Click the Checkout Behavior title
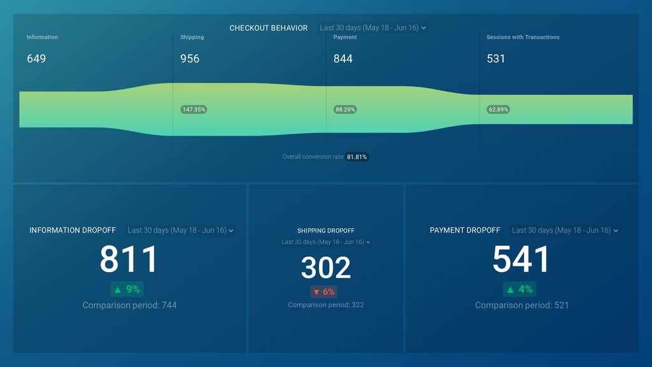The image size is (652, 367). [268, 28]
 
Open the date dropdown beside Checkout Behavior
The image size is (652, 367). [372, 28]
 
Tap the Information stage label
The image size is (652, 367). [43, 37]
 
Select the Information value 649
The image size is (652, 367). [36, 59]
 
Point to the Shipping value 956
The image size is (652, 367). [190, 59]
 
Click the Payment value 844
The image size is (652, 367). [343, 59]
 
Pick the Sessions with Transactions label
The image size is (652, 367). [523, 37]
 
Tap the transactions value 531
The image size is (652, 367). [495, 59]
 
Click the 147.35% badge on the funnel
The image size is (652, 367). [194, 110]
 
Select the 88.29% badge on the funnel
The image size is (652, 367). [345, 110]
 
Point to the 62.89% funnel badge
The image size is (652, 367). [498, 110]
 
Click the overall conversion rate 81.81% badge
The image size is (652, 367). [357, 157]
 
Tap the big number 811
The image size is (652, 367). [129, 259]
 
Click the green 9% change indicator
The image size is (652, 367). [127, 289]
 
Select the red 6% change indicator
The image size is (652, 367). [324, 292]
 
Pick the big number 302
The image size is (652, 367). [326, 268]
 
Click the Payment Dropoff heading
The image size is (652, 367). [465, 230]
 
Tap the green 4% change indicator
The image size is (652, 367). [520, 289]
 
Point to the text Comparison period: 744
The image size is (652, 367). [129, 305]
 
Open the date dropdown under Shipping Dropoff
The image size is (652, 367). [326, 241]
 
